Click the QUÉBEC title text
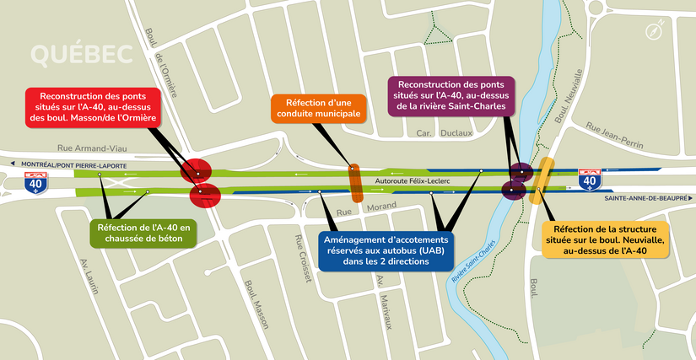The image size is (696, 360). [x=81, y=54]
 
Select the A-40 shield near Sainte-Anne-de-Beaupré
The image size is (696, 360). [x=591, y=179]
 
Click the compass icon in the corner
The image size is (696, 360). [x=655, y=32]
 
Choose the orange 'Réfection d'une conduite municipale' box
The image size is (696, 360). [x=318, y=108]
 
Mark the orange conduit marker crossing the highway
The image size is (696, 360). [x=356, y=183]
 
